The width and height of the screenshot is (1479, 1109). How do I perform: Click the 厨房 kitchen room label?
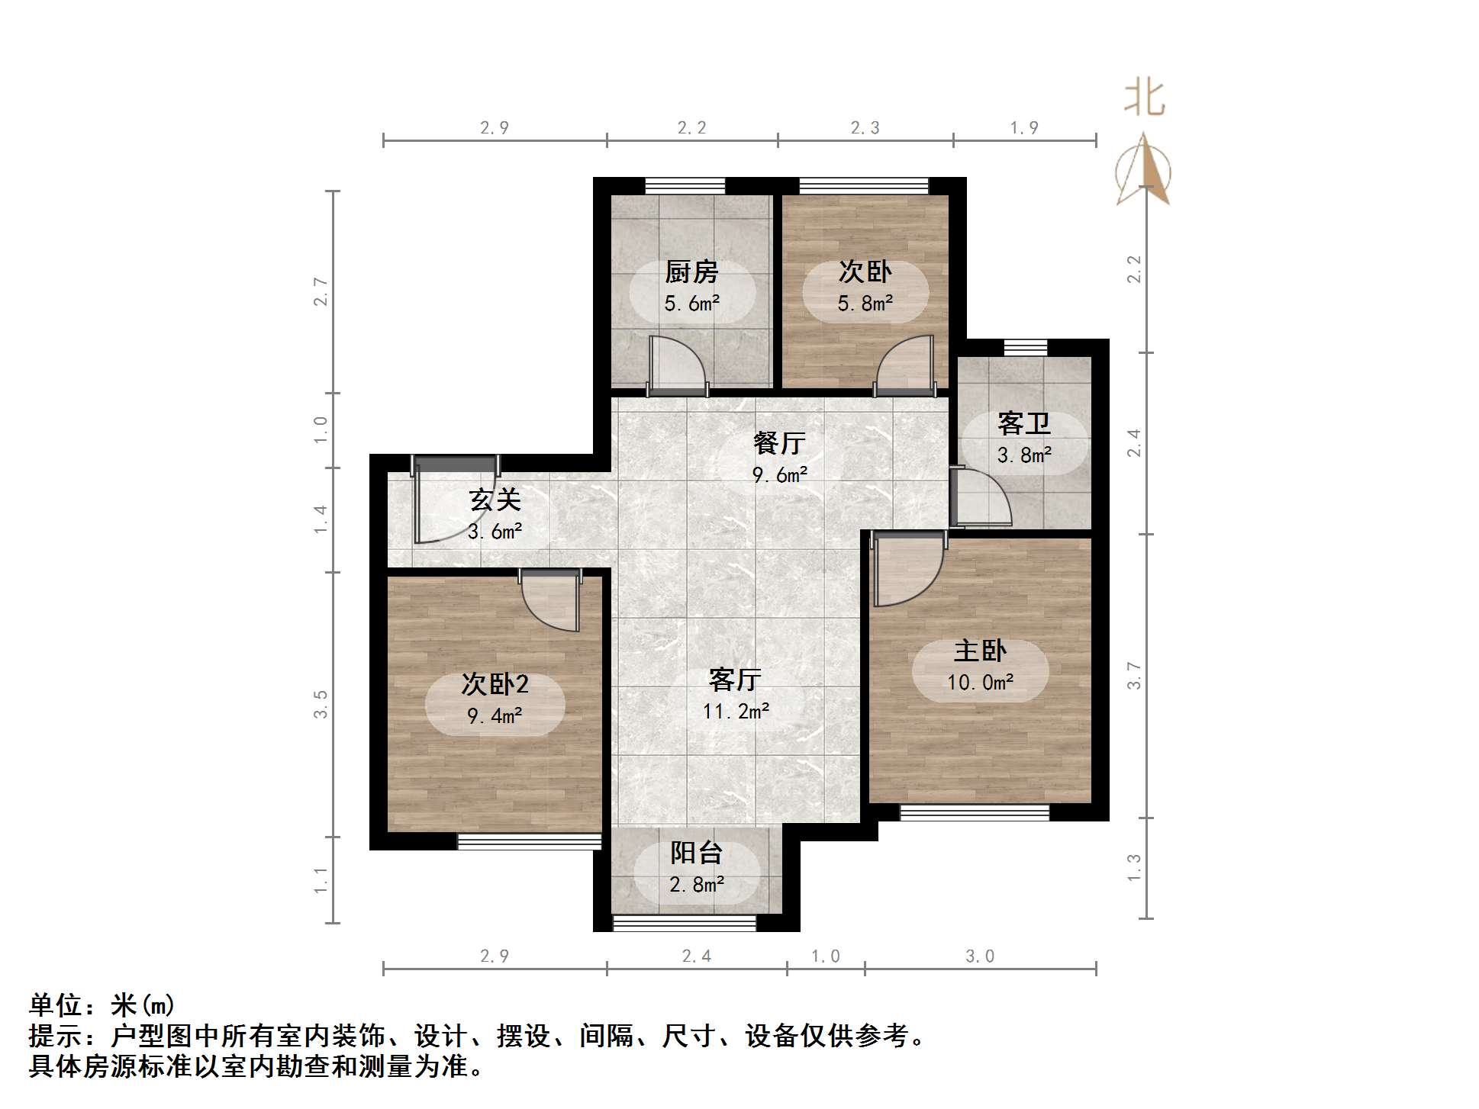pyautogui.click(x=691, y=272)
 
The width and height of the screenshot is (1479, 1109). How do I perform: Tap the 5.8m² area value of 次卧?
pyautogui.click(x=865, y=304)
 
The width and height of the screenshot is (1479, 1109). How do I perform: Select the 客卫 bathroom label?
pyautogui.click(x=1024, y=423)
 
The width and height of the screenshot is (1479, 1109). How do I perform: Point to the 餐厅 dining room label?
pyautogui.click(x=779, y=443)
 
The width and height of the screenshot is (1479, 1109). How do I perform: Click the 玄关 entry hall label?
pyautogui.click(x=495, y=500)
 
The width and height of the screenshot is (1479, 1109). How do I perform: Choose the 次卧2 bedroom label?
pyautogui.click(x=495, y=684)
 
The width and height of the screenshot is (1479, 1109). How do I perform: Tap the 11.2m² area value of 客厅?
pyautogui.click(x=736, y=712)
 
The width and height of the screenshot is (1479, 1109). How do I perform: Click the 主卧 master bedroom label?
pyautogui.click(x=980, y=651)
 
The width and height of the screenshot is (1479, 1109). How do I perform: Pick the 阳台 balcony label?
pyautogui.click(x=696, y=853)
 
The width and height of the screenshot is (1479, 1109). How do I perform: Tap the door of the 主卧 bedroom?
pyautogui.click(x=907, y=569)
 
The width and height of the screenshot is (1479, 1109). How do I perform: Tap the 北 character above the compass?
pyautogui.click(x=1144, y=98)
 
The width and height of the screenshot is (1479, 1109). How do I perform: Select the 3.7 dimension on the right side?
pyautogui.click(x=1135, y=676)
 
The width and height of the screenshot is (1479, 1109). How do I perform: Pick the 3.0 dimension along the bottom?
pyautogui.click(x=980, y=956)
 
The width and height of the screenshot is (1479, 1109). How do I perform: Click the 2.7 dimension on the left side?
pyautogui.click(x=321, y=292)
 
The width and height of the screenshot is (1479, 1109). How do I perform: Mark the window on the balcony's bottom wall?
pyautogui.click(x=685, y=924)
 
